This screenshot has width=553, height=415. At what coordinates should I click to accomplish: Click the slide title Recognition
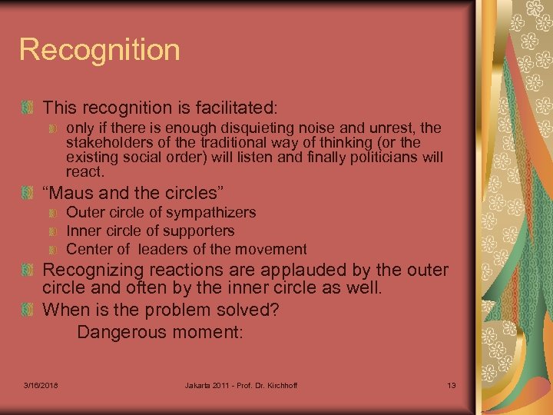(99, 50)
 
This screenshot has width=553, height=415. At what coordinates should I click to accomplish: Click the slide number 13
(451, 384)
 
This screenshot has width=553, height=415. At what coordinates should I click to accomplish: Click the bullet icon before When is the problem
(28, 310)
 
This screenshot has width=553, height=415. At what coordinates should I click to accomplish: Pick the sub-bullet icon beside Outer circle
(53, 213)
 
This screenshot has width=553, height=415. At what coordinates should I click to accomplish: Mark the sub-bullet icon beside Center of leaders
(53, 250)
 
